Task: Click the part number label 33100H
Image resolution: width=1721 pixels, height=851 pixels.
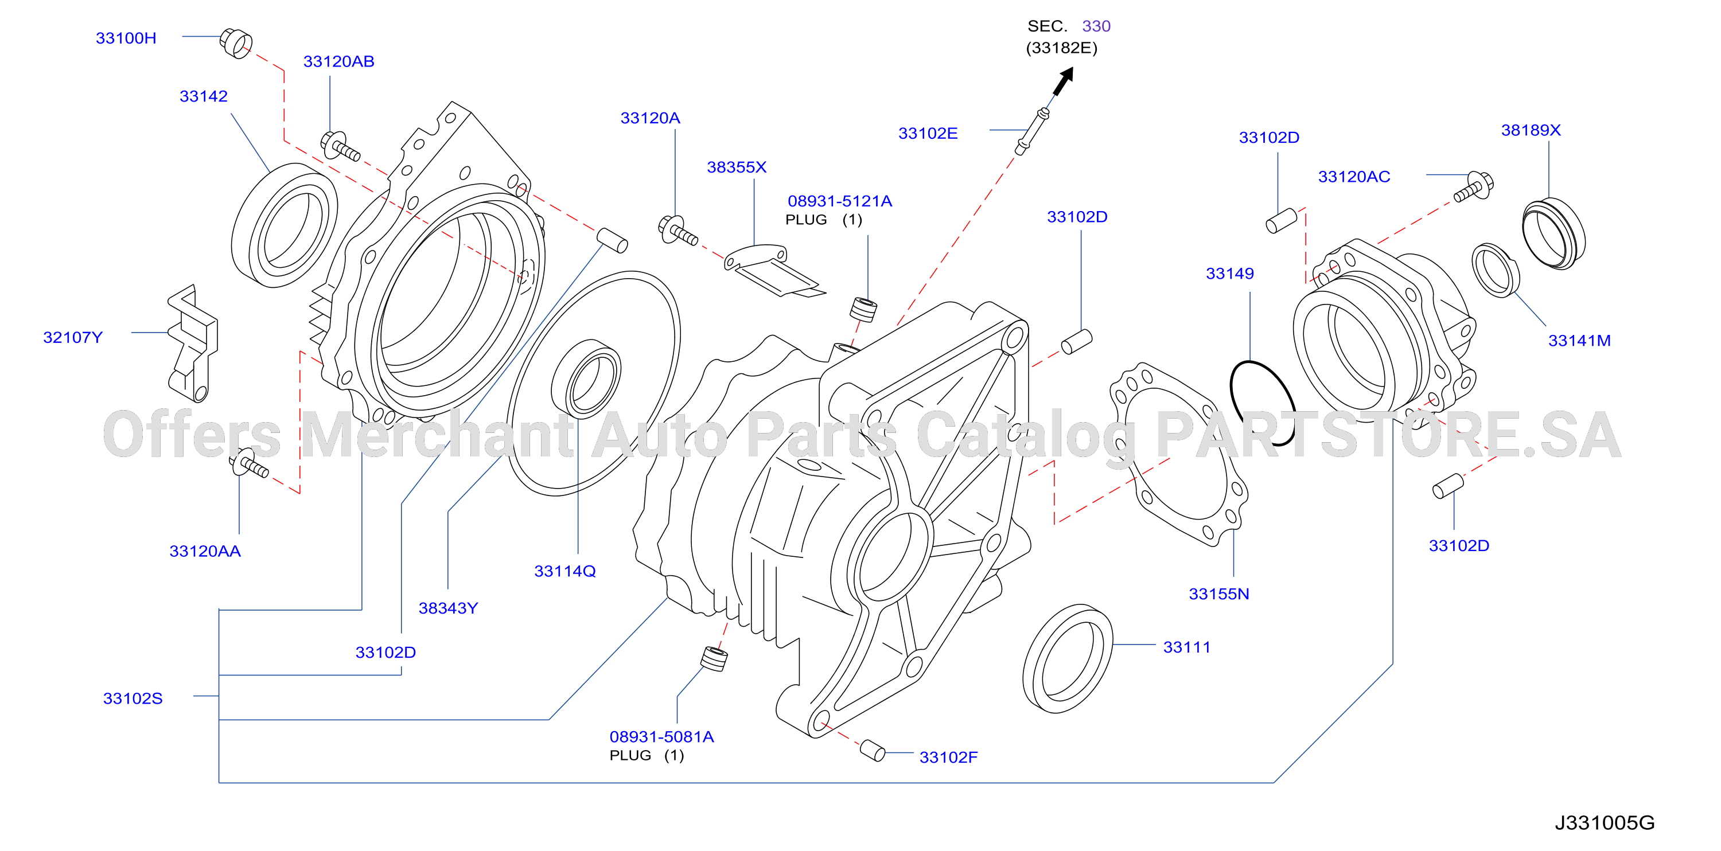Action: tap(126, 38)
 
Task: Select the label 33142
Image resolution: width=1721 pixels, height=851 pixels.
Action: tap(203, 96)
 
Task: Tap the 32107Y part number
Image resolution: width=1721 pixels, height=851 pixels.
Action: tap(73, 337)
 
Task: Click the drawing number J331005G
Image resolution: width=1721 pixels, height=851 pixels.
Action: tap(1604, 822)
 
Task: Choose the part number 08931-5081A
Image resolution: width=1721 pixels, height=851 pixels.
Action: tap(661, 737)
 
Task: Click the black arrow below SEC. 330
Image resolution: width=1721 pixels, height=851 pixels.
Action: tap(1063, 81)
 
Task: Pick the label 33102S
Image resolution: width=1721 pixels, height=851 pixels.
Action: tap(133, 698)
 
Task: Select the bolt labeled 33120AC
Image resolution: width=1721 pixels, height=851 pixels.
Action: tap(1474, 186)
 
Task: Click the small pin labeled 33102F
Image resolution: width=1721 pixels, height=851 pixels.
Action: tap(872, 750)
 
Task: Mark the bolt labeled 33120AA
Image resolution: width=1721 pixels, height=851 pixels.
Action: tap(248, 462)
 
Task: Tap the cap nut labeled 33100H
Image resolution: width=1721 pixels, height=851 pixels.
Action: tap(236, 43)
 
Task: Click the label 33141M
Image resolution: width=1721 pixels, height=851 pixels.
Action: tap(1579, 341)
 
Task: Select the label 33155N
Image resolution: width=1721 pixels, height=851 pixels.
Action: tap(1218, 594)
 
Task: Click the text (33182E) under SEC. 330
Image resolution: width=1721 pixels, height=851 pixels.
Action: tap(1062, 48)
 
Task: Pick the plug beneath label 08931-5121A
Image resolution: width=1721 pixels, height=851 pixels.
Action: tap(863, 310)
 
